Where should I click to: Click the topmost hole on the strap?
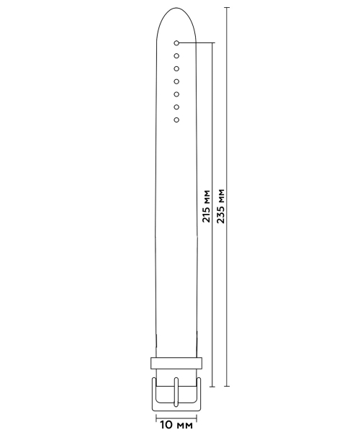[x=176, y=43]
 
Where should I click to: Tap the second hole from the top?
[x=176, y=56]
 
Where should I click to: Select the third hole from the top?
[x=176, y=68]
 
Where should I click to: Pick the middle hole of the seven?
[x=176, y=81]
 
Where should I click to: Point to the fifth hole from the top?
[x=176, y=94]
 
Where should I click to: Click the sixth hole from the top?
[x=176, y=107]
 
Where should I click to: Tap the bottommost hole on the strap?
[x=176, y=120]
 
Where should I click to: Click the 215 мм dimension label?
[x=206, y=206]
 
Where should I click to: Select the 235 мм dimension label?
[x=220, y=206]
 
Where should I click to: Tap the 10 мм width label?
[x=176, y=425]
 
